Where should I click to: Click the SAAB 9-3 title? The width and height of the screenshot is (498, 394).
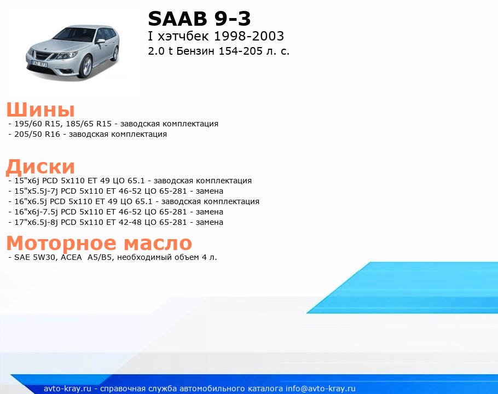199,19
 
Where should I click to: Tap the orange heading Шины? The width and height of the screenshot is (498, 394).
40,110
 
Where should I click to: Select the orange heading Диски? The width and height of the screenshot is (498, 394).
40,167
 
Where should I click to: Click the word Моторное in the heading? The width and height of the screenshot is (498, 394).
61,244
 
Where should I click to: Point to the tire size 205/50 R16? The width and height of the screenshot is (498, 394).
37,134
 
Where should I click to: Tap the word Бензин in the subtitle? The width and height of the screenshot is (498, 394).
195,51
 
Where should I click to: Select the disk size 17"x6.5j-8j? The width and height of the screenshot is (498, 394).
36,222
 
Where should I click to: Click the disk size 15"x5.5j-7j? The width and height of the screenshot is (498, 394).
36,191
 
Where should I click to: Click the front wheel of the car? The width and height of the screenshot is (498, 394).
85,67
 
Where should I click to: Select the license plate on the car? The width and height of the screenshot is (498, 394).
39,64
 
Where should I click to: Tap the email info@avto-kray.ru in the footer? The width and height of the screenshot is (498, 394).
321,389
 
